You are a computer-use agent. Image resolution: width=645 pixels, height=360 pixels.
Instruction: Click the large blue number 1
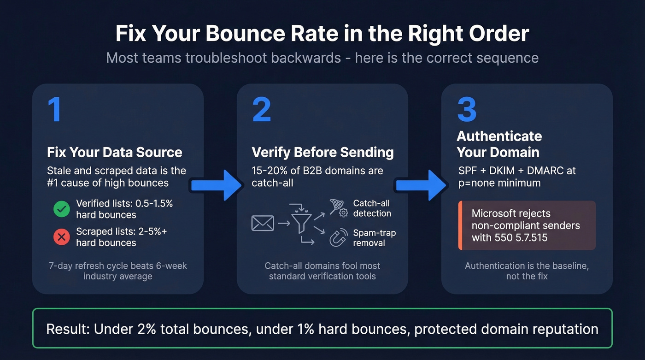click(55, 110)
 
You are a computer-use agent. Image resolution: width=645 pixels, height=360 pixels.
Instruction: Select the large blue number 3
click(467, 110)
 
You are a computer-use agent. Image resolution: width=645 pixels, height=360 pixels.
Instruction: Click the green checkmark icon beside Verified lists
click(61, 209)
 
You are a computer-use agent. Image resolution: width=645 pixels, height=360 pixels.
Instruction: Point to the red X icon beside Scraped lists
click(61, 237)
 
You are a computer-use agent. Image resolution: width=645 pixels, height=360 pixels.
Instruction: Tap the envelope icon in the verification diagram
click(263, 224)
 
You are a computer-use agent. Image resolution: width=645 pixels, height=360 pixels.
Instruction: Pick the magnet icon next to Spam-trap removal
click(339, 238)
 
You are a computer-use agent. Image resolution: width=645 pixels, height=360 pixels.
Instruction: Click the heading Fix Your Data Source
click(115, 152)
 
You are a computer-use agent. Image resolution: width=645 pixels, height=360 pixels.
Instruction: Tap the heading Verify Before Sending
click(322, 152)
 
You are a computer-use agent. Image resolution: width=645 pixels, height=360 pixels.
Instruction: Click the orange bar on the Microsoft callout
click(460, 225)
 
